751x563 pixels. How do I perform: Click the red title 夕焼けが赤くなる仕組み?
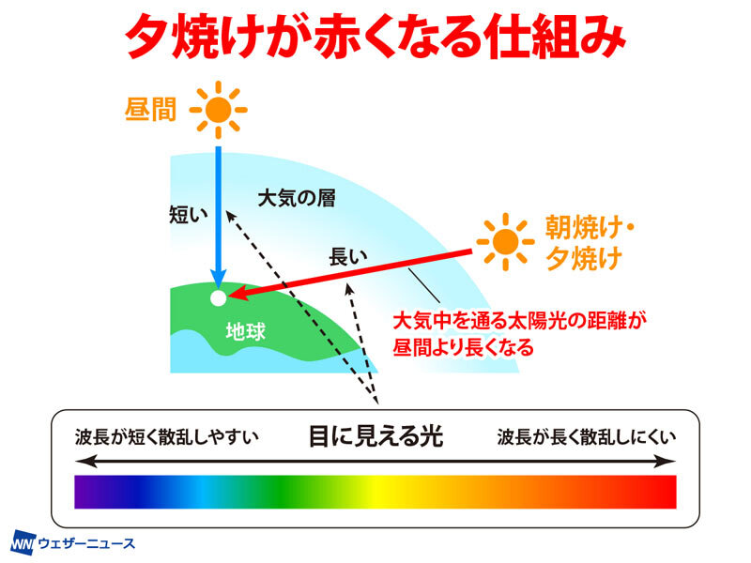point(375,38)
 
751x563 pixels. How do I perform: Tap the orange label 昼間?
point(150,110)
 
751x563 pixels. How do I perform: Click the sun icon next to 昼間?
point(219,110)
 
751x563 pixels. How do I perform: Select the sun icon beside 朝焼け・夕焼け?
point(505,242)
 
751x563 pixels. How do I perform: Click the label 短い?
point(189,215)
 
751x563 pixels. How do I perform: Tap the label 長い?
point(348,257)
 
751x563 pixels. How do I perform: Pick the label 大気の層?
point(297,198)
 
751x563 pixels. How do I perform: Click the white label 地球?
point(246,331)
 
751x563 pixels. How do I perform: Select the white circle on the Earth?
point(219,297)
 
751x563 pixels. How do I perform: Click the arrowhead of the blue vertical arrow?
point(219,280)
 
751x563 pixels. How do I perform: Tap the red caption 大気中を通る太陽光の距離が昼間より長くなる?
point(519,334)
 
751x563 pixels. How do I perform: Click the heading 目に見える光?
point(376,436)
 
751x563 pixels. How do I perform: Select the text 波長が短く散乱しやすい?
point(167,436)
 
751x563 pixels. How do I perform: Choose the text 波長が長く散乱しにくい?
point(587,436)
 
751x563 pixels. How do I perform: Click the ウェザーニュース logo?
point(73,543)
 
